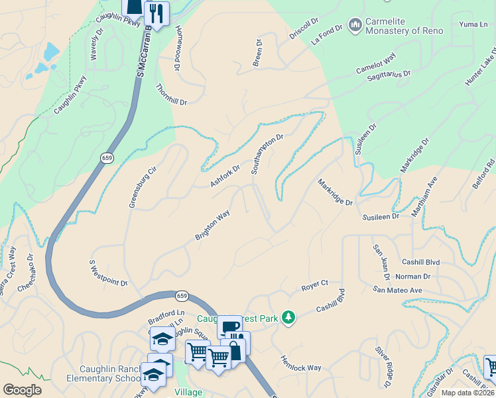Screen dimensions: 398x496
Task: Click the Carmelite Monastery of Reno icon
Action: (355, 25)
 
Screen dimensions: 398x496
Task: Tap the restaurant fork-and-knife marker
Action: (156, 12)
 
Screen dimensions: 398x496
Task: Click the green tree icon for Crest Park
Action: (288, 318)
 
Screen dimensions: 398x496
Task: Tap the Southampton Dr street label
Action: (267, 154)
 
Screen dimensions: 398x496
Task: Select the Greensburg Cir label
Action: (143, 186)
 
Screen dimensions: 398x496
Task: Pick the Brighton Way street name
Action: (212, 226)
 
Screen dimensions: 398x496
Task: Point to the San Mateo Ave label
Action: (397, 290)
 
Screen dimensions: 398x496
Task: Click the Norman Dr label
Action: (412, 276)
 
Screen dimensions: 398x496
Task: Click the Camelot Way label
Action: (375, 63)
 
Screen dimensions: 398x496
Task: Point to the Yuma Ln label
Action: (473, 24)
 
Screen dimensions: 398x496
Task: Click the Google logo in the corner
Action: (22, 389)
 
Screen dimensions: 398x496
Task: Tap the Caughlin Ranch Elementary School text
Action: (103, 374)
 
